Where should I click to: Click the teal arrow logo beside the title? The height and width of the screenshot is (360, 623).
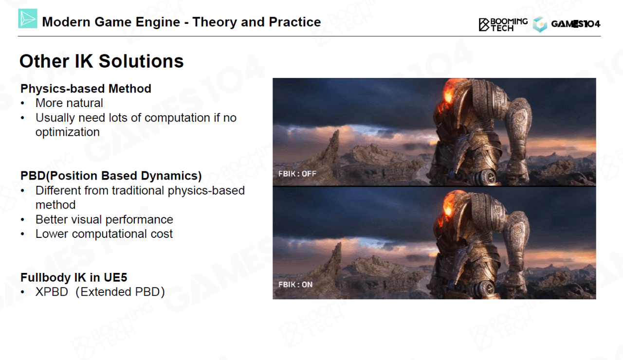[x=28, y=18]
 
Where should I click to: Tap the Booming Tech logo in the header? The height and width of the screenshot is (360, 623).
[x=503, y=25]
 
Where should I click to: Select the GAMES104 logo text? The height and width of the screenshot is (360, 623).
[x=575, y=24]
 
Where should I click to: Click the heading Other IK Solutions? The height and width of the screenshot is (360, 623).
[x=102, y=61]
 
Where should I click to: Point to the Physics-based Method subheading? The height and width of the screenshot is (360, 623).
[x=86, y=89]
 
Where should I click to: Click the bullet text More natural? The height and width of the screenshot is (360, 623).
[x=69, y=103]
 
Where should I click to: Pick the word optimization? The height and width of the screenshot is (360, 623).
[x=68, y=132]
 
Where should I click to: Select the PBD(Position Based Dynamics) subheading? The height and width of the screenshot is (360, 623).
[x=111, y=176]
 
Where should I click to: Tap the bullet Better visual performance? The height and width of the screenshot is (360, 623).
[x=104, y=219]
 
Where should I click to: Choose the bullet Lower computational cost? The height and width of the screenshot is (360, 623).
[x=104, y=234]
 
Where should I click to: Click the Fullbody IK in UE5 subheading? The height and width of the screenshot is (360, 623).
[x=73, y=277]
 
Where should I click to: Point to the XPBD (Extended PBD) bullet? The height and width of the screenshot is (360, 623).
[x=100, y=292]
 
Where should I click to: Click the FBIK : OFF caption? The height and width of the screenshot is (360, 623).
[x=297, y=174]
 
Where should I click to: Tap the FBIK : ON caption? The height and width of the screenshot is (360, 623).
[x=295, y=285]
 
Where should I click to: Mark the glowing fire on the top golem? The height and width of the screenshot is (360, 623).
[x=447, y=94]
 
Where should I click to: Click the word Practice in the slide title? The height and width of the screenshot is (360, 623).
[x=295, y=22]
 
